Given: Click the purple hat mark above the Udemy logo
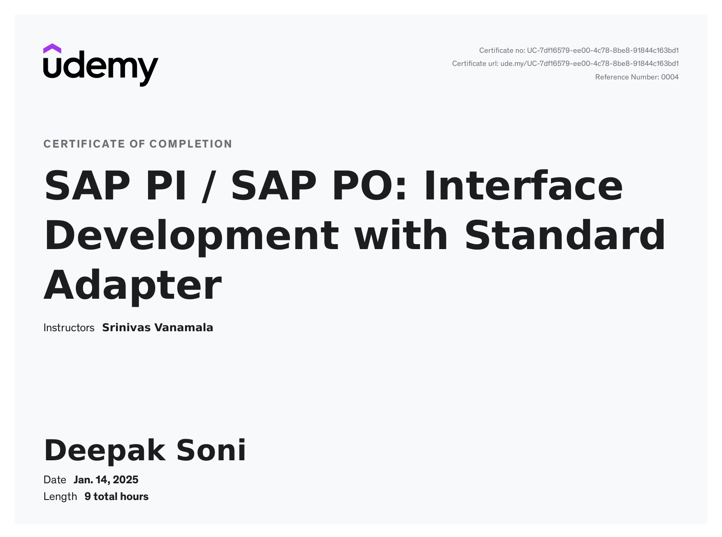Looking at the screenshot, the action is (x=52, y=48).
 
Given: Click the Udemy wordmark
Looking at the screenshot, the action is (x=101, y=69).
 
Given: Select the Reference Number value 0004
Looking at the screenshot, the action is (x=670, y=77).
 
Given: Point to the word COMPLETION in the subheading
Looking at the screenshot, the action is (x=191, y=144).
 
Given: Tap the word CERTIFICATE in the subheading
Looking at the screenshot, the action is (x=84, y=144).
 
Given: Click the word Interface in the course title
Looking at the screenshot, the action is (x=523, y=185).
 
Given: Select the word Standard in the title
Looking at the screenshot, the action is (x=565, y=235).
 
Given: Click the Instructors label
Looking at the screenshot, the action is (x=69, y=328).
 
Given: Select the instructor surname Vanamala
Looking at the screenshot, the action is (x=184, y=328).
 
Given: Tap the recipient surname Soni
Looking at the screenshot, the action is (x=211, y=450).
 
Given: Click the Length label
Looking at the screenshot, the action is (x=60, y=497).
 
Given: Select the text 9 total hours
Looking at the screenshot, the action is (x=116, y=497).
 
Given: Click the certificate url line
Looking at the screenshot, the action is (x=565, y=64).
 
